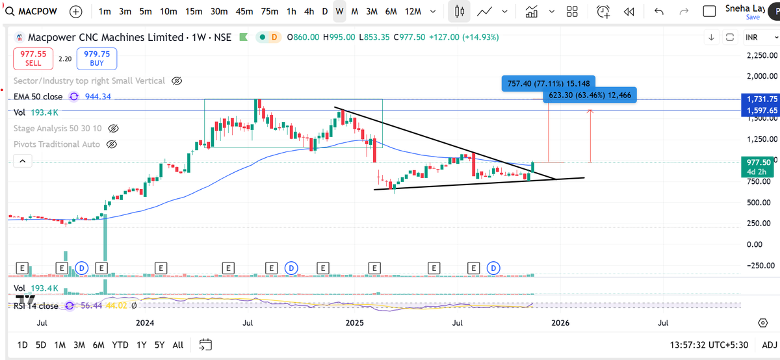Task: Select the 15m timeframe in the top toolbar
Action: pos(193,12)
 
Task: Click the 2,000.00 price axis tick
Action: pos(760,77)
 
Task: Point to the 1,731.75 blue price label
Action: pos(760,99)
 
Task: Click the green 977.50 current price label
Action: pos(759,162)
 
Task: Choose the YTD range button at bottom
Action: pos(120,344)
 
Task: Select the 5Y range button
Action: pos(159,344)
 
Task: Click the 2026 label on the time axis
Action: pos(560,322)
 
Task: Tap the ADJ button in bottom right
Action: pos(769,344)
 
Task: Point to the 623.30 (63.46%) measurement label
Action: pos(589,95)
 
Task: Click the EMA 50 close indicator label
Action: pos(38,96)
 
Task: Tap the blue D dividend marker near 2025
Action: pos(291,267)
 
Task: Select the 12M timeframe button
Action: pos(412,12)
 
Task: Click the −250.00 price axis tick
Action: pos(759,265)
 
